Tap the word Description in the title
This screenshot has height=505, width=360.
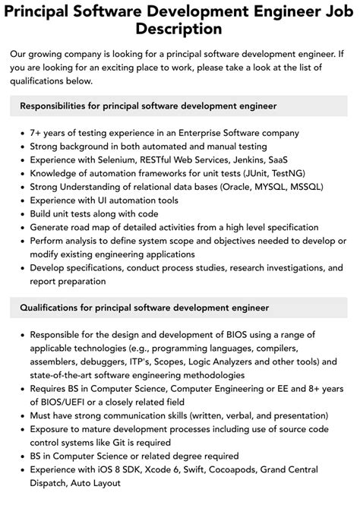pos(180,30)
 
